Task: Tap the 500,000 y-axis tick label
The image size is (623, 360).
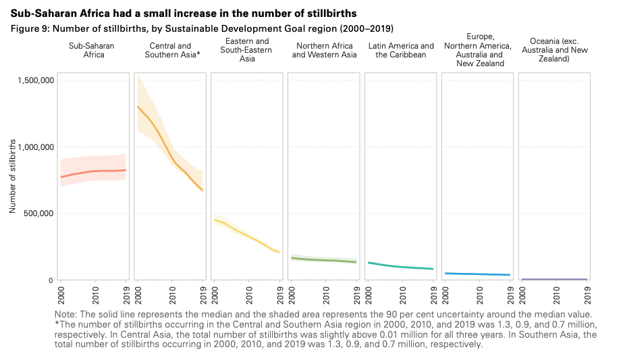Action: tap(38, 213)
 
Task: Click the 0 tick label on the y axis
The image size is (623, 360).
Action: tap(51, 280)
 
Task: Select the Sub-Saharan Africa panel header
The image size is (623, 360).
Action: tap(96, 50)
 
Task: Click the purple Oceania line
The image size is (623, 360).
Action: tap(554, 279)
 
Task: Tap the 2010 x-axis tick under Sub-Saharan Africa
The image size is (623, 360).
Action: tap(94, 293)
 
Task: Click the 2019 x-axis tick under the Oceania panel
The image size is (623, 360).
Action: tap(587, 293)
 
